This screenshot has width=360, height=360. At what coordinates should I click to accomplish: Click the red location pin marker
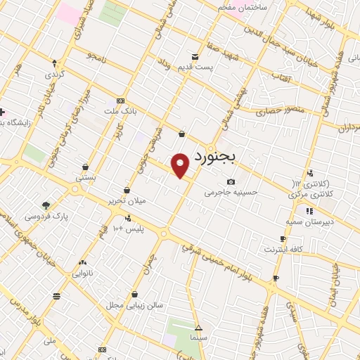181,165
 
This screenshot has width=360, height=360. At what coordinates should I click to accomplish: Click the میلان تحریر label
126,201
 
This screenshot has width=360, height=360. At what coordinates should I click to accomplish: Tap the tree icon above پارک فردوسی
46,205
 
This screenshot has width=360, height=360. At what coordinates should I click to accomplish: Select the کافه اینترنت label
282,249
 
